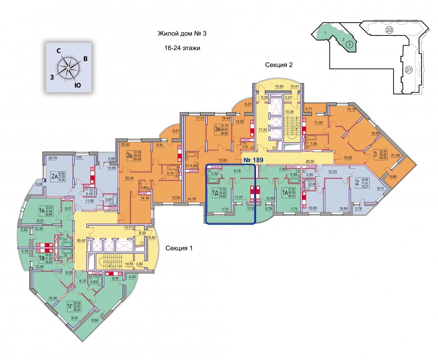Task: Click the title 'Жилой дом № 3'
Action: (182, 34)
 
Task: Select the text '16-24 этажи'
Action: (182, 48)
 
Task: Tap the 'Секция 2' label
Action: (279, 65)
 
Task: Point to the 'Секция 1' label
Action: (179, 248)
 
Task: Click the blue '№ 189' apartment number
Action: (253, 160)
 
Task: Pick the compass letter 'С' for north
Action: (59, 51)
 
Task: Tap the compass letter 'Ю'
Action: (78, 85)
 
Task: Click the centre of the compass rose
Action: (69, 68)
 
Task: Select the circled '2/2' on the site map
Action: (389, 30)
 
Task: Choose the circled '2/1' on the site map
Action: (408, 70)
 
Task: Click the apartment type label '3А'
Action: (217, 129)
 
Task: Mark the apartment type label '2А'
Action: (54, 176)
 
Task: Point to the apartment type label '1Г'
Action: (70, 306)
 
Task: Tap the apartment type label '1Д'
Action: (215, 193)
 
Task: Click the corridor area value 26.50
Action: (310, 161)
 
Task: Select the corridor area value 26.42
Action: (81, 241)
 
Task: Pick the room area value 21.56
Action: (395, 156)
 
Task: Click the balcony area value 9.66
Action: (393, 176)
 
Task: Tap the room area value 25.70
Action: (53, 158)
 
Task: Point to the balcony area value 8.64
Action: (95, 320)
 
